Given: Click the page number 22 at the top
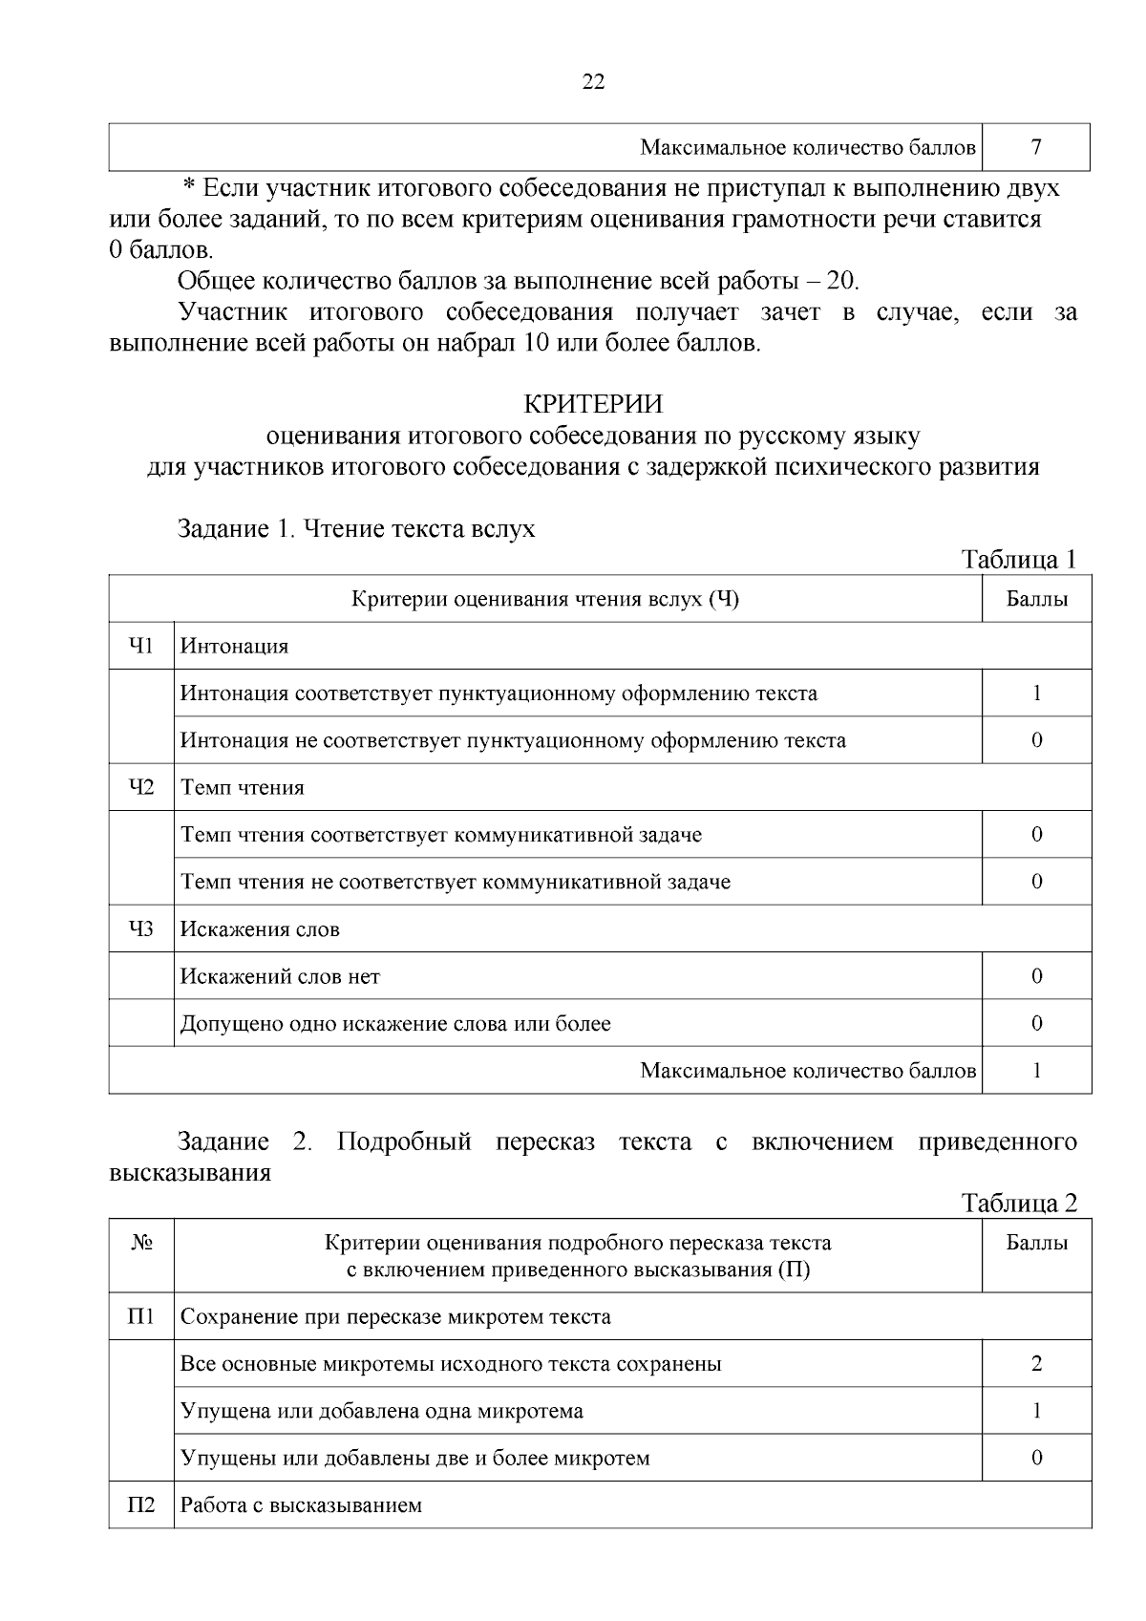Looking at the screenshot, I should click(593, 82).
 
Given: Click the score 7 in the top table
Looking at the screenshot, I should click(1036, 147).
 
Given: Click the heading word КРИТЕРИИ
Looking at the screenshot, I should click(593, 404).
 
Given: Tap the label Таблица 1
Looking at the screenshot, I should click(1019, 559).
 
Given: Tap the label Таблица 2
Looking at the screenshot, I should click(1019, 1203).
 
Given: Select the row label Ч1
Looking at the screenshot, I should click(141, 646).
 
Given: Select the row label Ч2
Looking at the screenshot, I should click(141, 787).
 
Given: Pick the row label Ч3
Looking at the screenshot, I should click(141, 928).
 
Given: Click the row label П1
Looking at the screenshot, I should click(141, 1316).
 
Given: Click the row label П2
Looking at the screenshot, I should click(141, 1505).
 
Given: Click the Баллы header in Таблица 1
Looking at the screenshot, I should click(1036, 600).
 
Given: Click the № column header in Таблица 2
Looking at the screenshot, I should click(141, 1244).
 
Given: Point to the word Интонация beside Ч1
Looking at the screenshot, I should click(235, 647).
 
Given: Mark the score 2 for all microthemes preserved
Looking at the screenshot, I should click(1036, 1363).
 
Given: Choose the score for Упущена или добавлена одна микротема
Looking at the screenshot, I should click(1036, 1411).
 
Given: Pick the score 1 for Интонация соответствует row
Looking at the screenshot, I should click(1036, 693).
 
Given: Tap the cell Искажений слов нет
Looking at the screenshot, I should click(280, 976).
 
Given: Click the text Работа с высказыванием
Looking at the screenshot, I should click(301, 1506).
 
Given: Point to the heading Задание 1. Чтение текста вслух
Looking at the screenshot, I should click(356, 528).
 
